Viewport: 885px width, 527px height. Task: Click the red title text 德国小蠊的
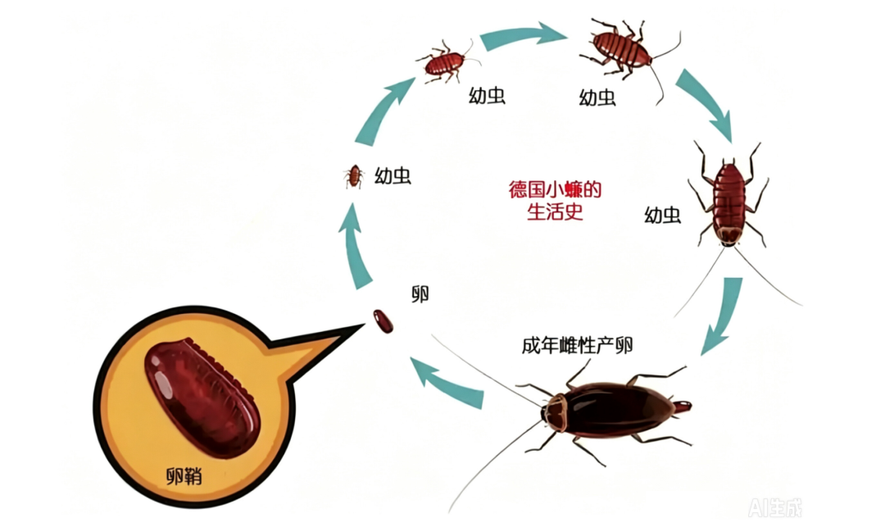click(555, 189)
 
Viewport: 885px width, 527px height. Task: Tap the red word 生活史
click(555, 212)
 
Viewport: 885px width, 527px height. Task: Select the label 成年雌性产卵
click(577, 345)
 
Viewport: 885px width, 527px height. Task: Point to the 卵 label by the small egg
click(420, 293)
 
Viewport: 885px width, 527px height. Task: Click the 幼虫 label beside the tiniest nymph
click(393, 176)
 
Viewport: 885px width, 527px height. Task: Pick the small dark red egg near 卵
click(383, 321)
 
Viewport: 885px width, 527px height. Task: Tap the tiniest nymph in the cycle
click(354, 176)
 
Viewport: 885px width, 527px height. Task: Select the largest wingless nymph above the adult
click(728, 203)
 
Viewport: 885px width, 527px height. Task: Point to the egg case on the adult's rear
click(683, 406)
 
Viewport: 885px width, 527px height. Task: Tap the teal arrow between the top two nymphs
click(522, 35)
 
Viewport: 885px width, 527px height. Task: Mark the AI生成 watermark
click(775, 508)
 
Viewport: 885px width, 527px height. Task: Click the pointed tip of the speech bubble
click(364, 325)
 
